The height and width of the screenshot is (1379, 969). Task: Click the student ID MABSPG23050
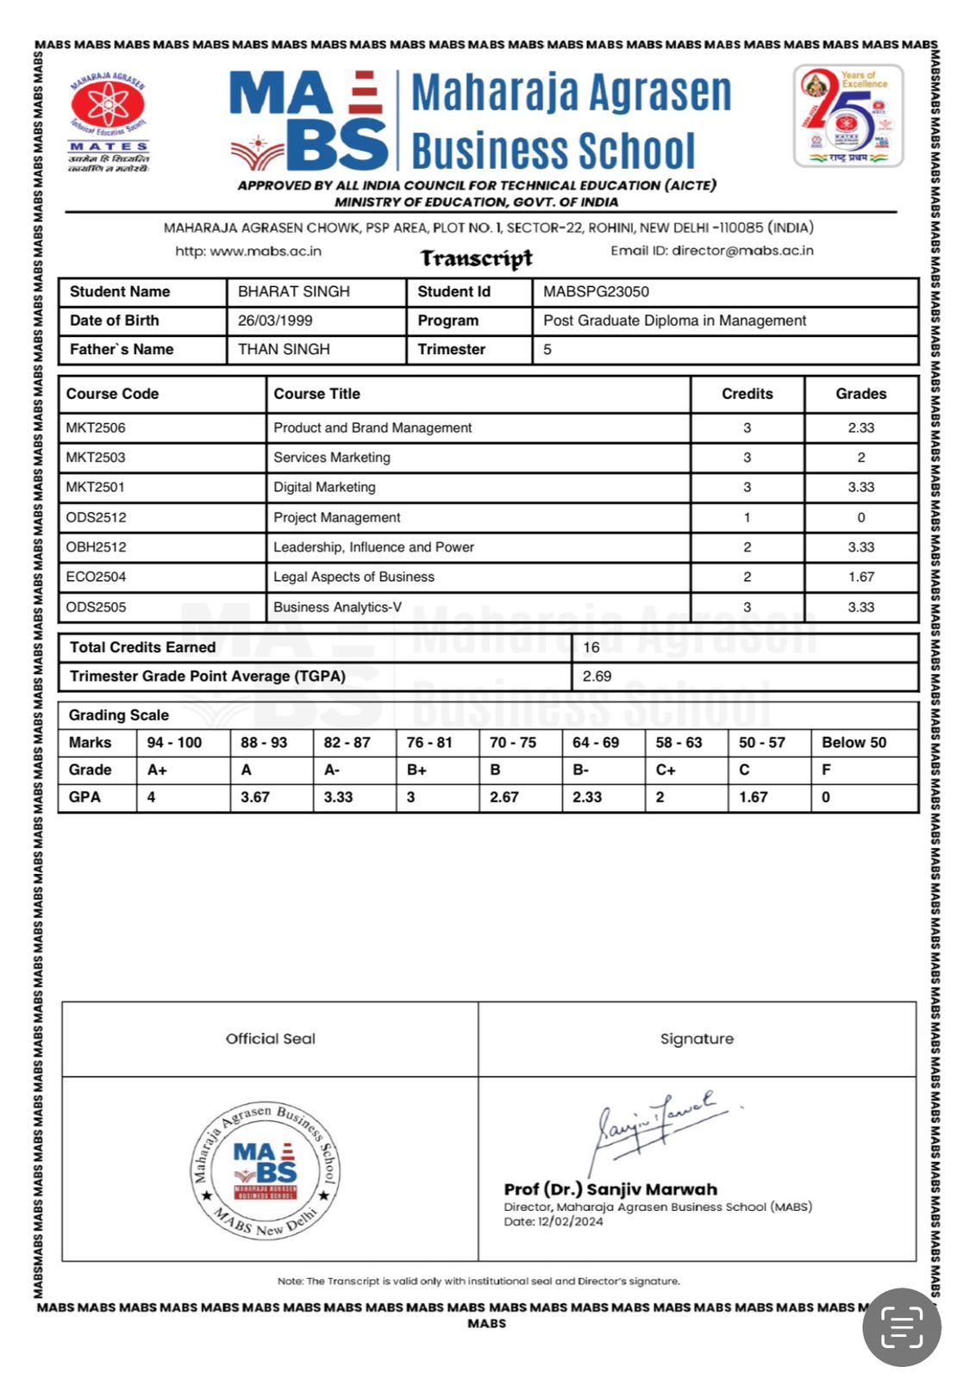596,291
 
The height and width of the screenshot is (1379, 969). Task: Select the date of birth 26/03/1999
275,321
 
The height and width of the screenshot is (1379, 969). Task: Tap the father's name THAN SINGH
284,349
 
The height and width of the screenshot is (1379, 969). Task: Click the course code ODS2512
96,517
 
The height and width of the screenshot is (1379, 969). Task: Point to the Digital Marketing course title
324,487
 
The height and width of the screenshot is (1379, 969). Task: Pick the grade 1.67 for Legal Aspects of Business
860,577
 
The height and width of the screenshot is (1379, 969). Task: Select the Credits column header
747,394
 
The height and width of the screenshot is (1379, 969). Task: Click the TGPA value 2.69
597,677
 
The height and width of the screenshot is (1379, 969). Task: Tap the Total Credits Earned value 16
591,647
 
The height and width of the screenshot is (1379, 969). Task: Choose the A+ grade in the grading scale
157,770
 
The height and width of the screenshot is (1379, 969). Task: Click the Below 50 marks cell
853,742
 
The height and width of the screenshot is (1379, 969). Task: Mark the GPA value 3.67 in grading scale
255,797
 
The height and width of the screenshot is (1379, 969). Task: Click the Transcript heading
476,258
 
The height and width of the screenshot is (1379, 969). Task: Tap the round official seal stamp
266,1170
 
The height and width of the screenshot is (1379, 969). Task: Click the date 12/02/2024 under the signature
571,1221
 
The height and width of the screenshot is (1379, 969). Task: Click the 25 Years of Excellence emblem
847,116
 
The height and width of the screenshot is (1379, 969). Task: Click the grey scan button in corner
901,1327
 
